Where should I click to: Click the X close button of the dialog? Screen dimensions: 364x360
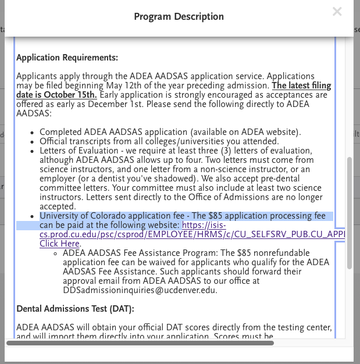(x=337, y=11)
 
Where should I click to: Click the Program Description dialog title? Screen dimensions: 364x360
(x=179, y=16)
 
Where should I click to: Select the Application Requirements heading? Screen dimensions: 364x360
(x=67, y=58)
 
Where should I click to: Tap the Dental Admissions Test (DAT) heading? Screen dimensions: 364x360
(x=75, y=308)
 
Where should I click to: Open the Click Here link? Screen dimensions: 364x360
(x=59, y=244)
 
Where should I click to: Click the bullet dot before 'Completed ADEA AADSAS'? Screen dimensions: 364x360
(x=33, y=133)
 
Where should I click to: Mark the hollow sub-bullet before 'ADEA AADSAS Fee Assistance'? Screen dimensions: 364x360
(x=55, y=254)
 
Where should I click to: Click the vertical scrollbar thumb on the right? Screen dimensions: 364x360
(x=349, y=212)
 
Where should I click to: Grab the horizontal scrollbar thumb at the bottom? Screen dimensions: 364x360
(x=140, y=343)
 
